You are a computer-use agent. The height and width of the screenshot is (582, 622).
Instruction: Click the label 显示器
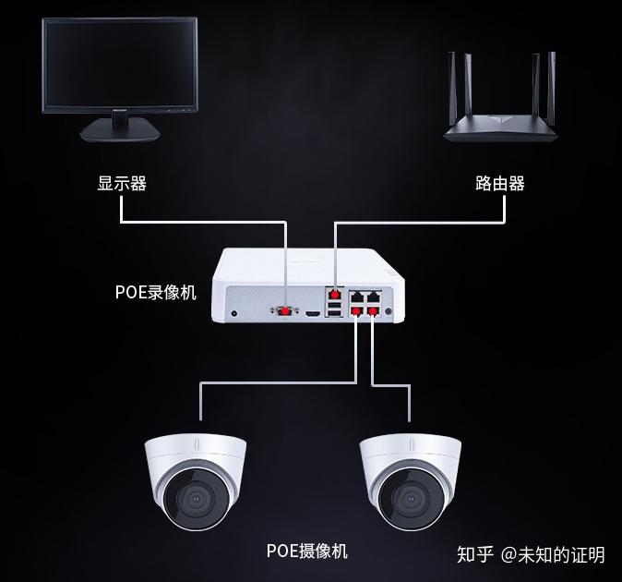[122, 184]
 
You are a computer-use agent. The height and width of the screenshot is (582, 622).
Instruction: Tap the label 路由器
[499, 184]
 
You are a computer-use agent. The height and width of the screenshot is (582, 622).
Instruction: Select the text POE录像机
[156, 292]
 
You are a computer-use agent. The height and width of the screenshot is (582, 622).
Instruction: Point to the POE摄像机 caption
[307, 552]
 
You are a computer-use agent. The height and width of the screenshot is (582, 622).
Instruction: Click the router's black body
[502, 130]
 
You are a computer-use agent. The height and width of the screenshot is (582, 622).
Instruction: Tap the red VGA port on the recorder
[286, 312]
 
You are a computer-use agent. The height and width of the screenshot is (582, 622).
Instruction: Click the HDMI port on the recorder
[313, 314]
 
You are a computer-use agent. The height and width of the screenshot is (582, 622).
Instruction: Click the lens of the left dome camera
[195, 502]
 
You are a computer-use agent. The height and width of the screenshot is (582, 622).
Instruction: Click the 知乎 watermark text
[475, 554]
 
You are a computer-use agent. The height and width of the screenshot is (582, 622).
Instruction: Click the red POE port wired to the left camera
[356, 311]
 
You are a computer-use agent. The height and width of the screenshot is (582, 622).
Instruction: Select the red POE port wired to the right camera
[373, 311]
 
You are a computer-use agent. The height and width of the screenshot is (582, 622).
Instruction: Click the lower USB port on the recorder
[334, 312]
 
